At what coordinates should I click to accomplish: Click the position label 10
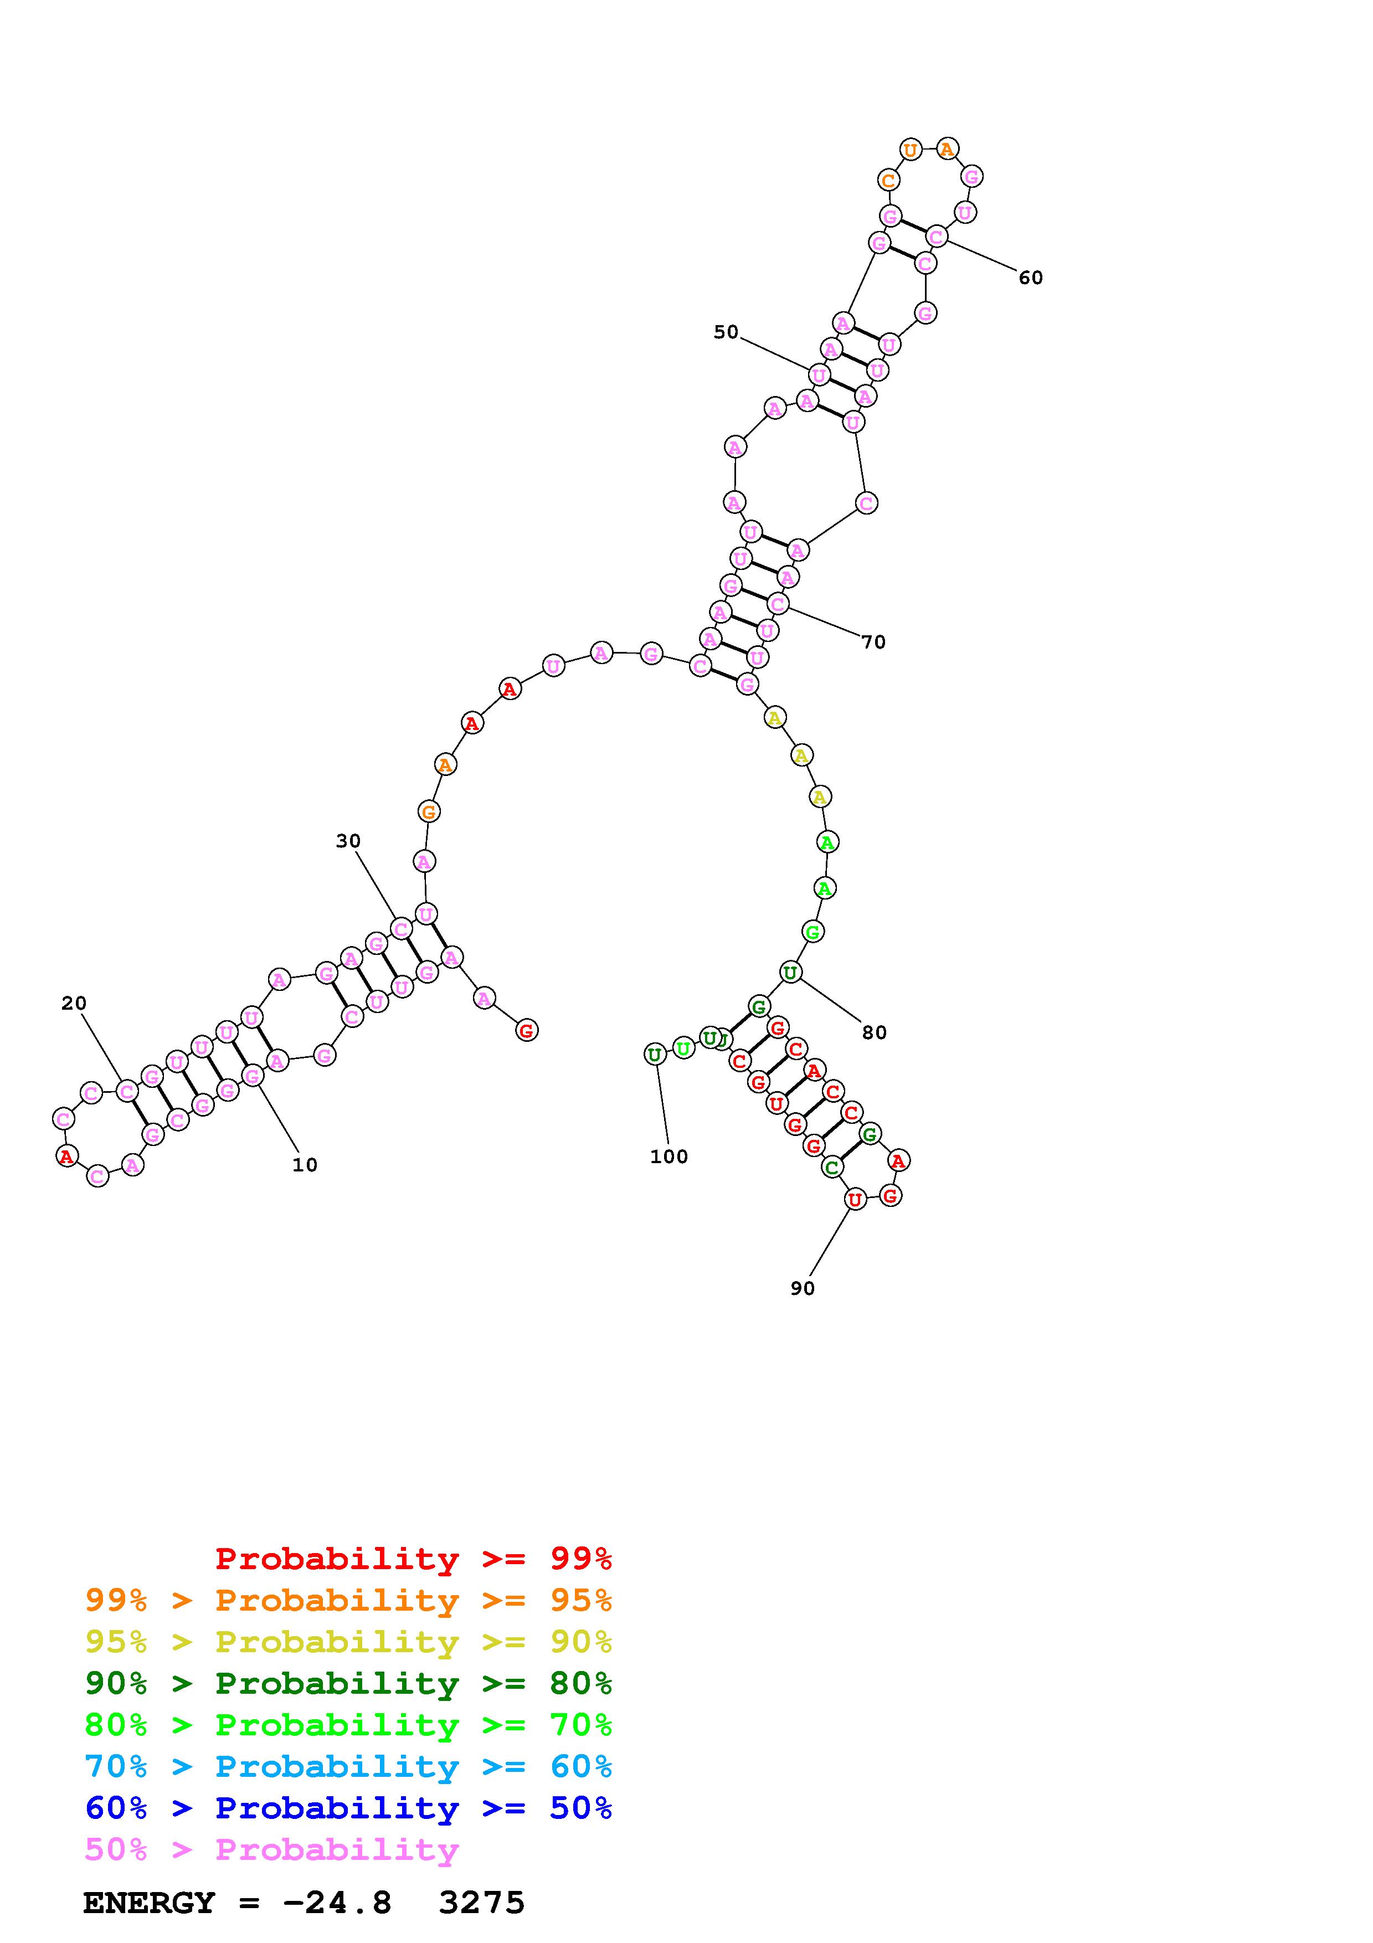point(305,1165)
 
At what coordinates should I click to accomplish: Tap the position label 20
point(74,1004)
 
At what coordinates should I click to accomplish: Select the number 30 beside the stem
point(348,841)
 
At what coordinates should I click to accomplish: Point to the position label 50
point(726,332)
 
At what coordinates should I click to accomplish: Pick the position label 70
point(874,642)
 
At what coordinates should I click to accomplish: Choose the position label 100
point(668,1157)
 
